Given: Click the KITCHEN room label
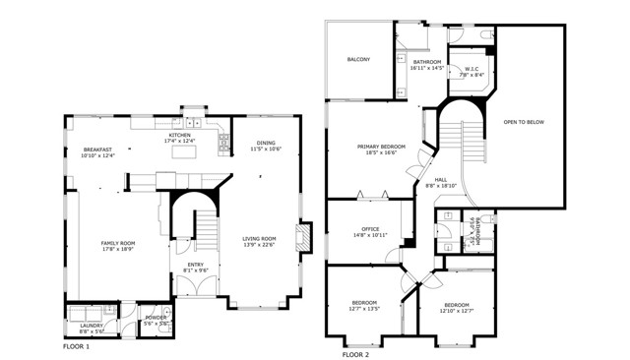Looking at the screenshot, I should [178, 136].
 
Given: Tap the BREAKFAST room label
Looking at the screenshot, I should [97, 150].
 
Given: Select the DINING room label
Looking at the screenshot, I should [266, 143].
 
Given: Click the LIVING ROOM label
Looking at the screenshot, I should [260, 238].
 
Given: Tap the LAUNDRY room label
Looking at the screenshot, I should [92, 325].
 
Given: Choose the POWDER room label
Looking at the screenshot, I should [156, 318].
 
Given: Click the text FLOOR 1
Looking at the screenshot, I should [76, 347].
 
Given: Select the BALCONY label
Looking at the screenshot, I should [358, 60].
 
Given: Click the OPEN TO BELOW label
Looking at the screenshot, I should [524, 122].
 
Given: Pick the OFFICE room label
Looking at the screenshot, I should [362, 229].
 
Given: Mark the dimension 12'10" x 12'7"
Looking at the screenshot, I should [456, 311].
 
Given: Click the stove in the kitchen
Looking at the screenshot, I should [224, 142].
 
